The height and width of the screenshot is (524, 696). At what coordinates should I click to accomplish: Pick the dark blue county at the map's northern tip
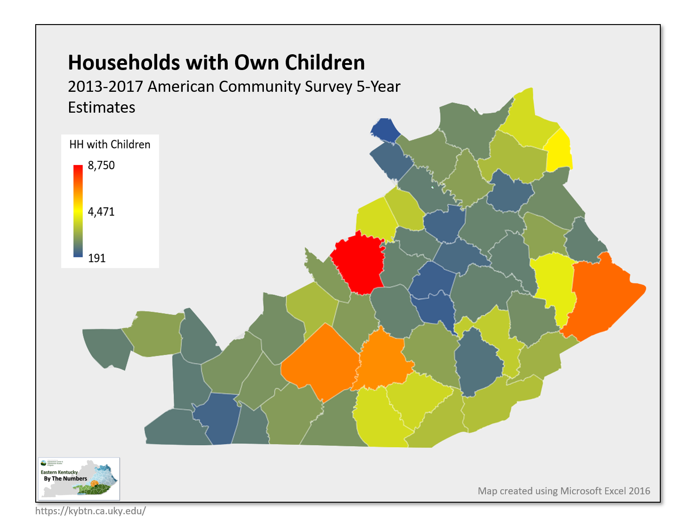click(x=385, y=130)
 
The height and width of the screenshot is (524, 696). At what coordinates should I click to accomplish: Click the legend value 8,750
click(x=101, y=166)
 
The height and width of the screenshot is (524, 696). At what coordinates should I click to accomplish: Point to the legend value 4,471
click(x=101, y=212)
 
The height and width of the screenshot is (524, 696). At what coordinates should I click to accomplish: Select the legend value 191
click(x=97, y=258)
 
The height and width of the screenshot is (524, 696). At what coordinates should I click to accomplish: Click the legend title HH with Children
click(x=110, y=145)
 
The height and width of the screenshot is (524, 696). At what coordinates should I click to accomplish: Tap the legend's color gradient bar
click(x=78, y=211)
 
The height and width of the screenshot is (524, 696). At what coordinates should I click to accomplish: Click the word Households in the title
click(x=124, y=63)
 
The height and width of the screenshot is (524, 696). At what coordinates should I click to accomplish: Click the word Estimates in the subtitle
click(x=102, y=108)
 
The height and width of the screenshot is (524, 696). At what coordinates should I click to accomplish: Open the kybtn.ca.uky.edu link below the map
click(x=91, y=511)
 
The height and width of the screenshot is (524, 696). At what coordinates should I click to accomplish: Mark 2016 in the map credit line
click(x=639, y=491)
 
